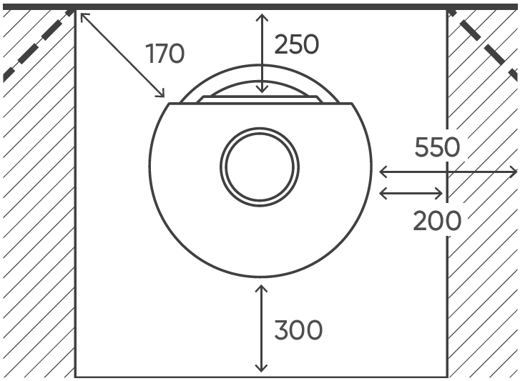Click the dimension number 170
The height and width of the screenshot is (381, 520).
pos(165,54)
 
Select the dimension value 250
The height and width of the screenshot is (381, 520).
pos(297,44)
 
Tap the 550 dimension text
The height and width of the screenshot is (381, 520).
pos(437,147)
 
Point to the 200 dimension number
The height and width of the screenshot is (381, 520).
pos(437,221)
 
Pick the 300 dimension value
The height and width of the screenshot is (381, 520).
pos(298,330)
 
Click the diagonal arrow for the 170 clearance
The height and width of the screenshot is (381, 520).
pos(123,55)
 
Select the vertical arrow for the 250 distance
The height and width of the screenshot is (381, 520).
pos(262,54)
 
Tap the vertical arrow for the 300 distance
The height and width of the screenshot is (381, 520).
pos(261,328)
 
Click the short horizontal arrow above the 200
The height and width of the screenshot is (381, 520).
pos(411,194)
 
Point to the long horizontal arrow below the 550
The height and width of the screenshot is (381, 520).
pos(448,172)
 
